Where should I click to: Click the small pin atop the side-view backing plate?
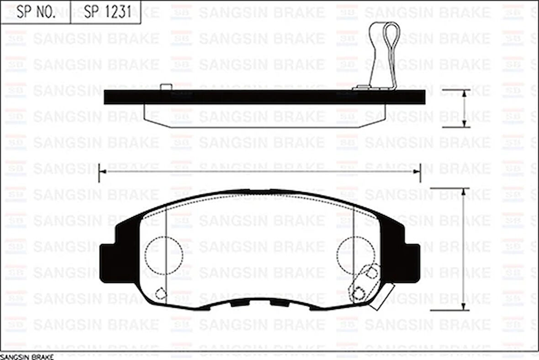click(x=166, y=86)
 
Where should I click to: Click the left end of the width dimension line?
click(x=100, y=171)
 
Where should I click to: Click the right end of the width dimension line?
click(x=419, y=171)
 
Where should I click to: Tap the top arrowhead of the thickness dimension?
click(x=464, y=92)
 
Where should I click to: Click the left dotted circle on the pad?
click(x=164, y=255)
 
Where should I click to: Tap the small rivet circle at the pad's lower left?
click(x=160, y=293)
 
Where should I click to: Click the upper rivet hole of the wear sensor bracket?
click(x=372, y=273)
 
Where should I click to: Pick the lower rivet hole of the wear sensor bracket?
click(x=359, y=292)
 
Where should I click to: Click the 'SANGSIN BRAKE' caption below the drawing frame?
click(x=27, y=356)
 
